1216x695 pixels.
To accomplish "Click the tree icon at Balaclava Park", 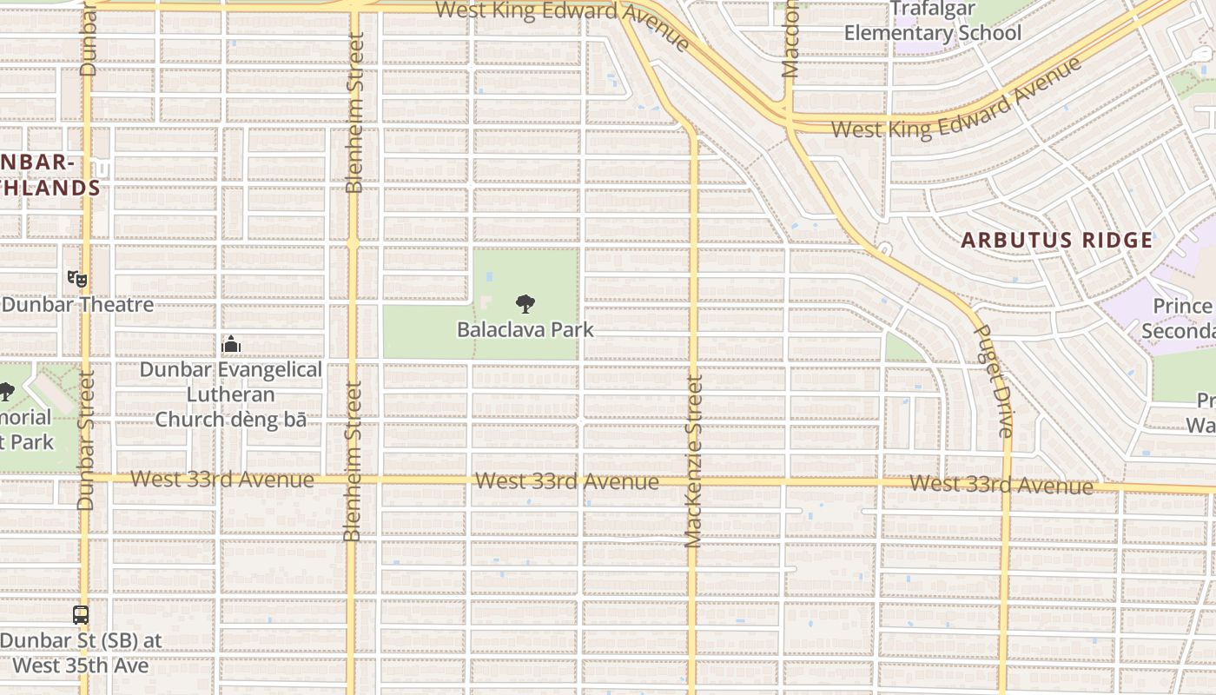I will coord(525,304).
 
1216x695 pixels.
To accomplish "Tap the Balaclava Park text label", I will coord(525,330).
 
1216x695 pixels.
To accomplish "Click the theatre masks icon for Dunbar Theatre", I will coord(77,279).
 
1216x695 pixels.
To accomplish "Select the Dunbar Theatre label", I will coord(77,305).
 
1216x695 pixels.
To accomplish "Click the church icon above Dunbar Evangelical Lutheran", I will coord(230,345).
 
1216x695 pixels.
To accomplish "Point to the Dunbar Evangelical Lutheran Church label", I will coord(231,394).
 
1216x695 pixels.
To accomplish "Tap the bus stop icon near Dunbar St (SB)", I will coord(81,615).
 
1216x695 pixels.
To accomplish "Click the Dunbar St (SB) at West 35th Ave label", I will coord(81,653).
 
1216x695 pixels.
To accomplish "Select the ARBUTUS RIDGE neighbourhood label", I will coord(1057,241).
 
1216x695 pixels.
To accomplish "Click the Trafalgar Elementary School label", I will coord(933,23).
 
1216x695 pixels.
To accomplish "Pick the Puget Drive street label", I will coord(994,381).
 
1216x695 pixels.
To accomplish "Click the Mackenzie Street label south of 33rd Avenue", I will coord(692,462).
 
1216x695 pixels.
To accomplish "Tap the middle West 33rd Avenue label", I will coord(566,481).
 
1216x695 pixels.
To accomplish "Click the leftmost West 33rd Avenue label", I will coord(222,480).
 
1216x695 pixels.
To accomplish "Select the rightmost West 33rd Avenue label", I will coord(1001,485).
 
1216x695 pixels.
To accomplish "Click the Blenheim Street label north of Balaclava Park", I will coord(354,113).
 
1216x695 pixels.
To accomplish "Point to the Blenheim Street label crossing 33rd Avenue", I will coord(352,461).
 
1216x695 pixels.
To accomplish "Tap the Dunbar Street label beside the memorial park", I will coord(85,440).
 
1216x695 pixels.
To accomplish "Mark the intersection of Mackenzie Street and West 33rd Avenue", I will coord(692,480).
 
